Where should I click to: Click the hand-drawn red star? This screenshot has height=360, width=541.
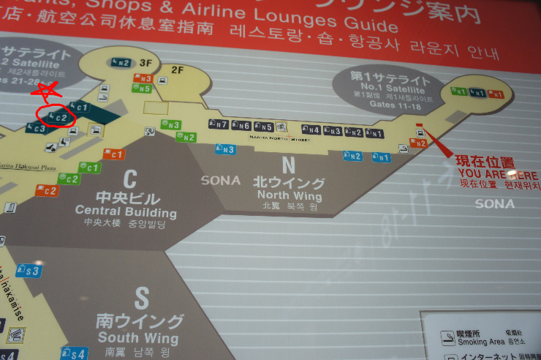pyautogui.click(x=45, y=92)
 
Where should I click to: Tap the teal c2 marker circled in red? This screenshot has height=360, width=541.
pyautogui.click(x=59, y=116)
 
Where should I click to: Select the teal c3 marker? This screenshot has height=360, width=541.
pyautogui.click(x=36, y=129)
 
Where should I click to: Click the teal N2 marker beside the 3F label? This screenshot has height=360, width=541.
pyautogui.click(x=121, y=63)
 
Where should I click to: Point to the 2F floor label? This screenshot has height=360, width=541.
pyautogui.click(x=177, y=70)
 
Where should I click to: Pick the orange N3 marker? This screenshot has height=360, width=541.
pyautogui.click(x=143, y=79)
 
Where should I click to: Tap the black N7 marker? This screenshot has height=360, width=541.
pyautogui.click(x=219, y=124)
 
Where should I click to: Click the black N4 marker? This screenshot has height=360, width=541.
pyautogui.click(x=310, y=130)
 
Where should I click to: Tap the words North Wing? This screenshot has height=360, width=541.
pyautogui.click(x=290, y=195)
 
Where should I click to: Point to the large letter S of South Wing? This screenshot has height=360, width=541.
pyautogui.click(x=141, y=298)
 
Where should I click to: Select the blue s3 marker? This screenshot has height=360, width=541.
pyautogui.click(x=29, y=271)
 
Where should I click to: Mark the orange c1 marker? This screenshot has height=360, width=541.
pyautogui.click(x=114, y=154)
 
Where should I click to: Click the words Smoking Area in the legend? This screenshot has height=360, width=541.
pyautogui.click(x=483, y=342)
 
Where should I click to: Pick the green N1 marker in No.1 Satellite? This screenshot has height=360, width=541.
pyautogui.click(x=459, y=91)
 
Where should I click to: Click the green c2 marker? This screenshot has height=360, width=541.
pyautogui.click(x=69, y=179)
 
